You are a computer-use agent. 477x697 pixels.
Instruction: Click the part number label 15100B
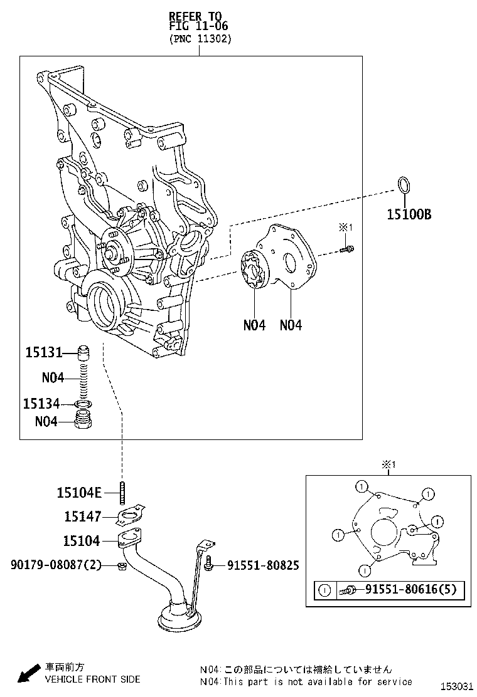click(408, 214)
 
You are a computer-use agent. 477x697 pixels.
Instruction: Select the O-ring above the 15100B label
click(405, 186)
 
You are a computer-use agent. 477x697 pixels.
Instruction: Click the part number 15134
click(41, 404)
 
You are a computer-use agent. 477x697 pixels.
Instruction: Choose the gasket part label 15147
click(82, 516)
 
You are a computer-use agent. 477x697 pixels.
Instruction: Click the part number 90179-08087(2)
click(55, 565)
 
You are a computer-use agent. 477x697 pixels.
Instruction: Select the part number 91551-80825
click(262, 565)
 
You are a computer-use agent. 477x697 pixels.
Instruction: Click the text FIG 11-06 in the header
click(198, 26)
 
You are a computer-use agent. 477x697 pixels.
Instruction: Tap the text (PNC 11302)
click(200, 39)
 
